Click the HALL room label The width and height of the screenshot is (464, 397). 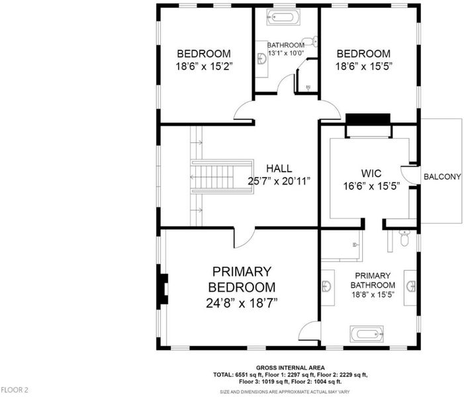[x=279, y=168]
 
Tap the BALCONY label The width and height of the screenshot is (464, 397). [x=442, y=177]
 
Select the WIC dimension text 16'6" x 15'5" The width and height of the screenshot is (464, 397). [x=371, y=186]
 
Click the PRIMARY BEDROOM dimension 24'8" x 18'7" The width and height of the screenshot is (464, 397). [x=242, y=303]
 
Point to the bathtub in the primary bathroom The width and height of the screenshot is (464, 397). [x=367, y=334]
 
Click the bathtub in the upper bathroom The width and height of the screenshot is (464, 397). [x=283, y=17]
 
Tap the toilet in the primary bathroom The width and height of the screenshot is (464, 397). [x=404, y=238]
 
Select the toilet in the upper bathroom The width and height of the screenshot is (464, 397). [x=310, y=42]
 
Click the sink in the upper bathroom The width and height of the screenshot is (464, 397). [x=262, y=59]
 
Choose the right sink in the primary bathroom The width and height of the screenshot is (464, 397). [x=411, y=287]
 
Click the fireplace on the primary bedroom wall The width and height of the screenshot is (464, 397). [x=162, y=288]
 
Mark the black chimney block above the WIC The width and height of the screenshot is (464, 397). [x=368, y=119]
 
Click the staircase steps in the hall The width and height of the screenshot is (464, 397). [x=222, y=177]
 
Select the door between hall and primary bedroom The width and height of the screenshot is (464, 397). [x=244, y=238]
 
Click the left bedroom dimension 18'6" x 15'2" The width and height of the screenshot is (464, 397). [x=204, y=66]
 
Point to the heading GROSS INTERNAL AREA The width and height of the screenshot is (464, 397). [x=291, y=368]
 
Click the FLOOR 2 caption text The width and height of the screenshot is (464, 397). [x=15, y=390]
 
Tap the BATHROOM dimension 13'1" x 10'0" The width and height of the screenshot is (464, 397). [x=286, y=53]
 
